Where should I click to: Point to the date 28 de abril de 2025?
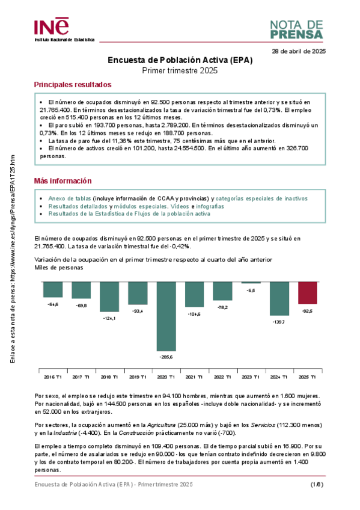299,52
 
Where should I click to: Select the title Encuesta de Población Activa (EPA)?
180,60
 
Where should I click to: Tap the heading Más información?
63,180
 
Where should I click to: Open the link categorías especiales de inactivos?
261,198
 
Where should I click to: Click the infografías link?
210,206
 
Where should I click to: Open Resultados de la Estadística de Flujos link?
129,214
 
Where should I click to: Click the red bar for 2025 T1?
308,292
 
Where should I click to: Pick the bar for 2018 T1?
109,296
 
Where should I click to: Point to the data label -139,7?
279,322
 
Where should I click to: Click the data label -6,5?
251,290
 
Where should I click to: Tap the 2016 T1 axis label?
52,376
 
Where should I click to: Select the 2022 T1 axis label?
222,376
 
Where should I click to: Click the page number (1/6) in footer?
317,484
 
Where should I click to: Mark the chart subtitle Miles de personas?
59,268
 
